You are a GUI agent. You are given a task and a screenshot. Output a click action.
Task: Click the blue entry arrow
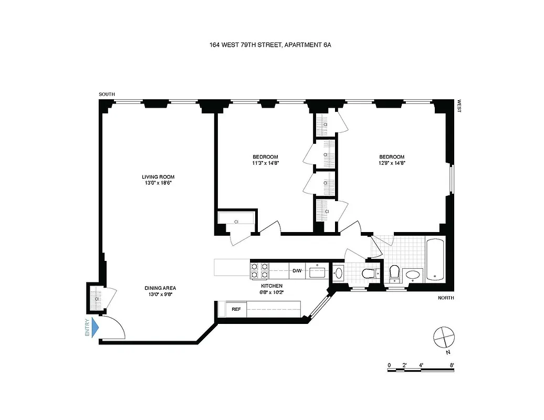95,328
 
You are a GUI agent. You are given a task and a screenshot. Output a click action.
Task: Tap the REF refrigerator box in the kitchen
236,309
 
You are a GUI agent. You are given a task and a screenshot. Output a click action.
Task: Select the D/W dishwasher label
297,271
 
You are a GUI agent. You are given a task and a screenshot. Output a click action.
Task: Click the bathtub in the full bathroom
435,259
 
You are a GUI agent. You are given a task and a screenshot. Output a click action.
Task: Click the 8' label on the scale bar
452,364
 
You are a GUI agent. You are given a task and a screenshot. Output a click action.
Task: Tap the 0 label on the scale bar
389,364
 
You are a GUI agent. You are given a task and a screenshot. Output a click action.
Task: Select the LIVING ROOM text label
158,177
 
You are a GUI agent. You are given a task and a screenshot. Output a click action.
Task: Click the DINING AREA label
160,288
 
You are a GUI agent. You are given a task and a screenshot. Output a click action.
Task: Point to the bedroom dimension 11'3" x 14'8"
265,163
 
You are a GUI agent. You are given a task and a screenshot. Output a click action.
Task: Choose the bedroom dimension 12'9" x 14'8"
392,163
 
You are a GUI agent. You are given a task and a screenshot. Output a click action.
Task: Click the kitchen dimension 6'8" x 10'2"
272,292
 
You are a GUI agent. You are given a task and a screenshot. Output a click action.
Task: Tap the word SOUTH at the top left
107,94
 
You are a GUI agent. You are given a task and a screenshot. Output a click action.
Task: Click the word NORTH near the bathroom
445,298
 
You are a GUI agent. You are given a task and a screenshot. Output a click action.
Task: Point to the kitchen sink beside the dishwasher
317,272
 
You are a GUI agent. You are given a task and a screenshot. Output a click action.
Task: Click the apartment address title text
270,45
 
